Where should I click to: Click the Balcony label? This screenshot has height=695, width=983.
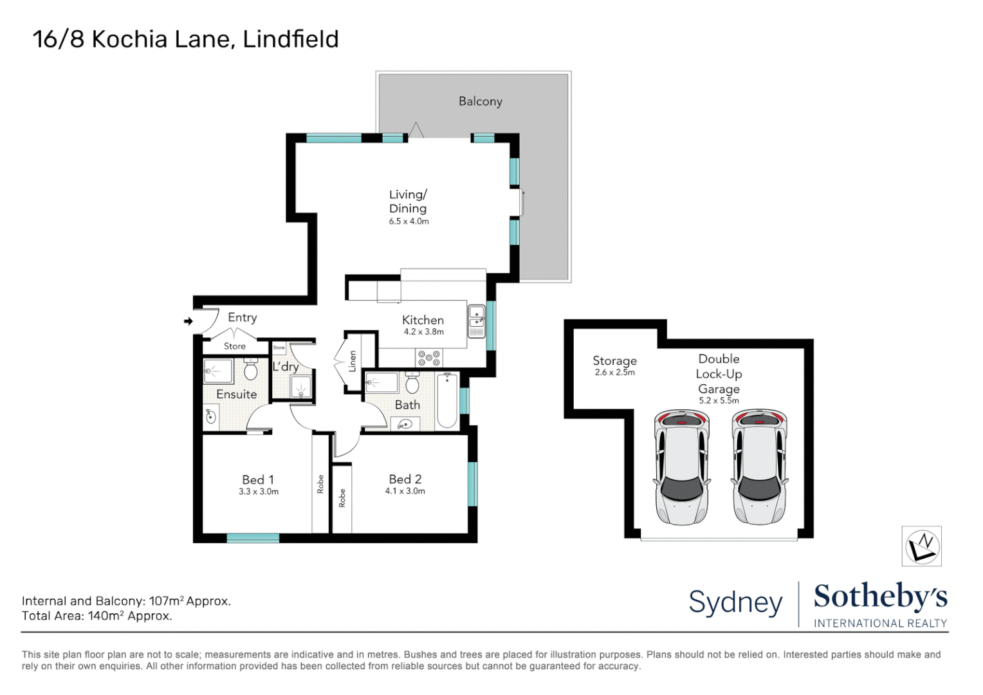480,101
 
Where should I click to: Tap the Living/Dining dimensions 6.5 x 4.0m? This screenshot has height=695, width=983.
409,221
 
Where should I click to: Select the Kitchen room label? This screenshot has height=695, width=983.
423,320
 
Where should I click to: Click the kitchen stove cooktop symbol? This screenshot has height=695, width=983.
428,358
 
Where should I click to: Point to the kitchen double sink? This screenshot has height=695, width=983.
476,320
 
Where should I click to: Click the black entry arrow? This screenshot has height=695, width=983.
188,321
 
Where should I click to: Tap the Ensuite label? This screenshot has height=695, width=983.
236,394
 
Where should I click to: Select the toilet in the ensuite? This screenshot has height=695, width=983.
251,369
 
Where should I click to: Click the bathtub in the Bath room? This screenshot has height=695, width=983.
447,400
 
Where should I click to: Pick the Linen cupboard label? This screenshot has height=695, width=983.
352,361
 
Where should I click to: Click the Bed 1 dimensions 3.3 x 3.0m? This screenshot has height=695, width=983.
259,492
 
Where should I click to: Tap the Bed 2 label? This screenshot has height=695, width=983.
405,479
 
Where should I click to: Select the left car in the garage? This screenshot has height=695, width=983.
681,467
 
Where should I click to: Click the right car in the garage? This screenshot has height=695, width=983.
759,467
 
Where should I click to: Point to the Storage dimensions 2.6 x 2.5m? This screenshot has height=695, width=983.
614,373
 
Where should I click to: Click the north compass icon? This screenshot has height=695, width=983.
921,546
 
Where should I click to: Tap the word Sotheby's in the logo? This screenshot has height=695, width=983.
880,597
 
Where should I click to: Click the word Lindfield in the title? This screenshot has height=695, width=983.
291,39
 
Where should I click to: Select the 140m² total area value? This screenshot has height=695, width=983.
106,616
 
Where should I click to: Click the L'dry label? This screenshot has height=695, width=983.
285,367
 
